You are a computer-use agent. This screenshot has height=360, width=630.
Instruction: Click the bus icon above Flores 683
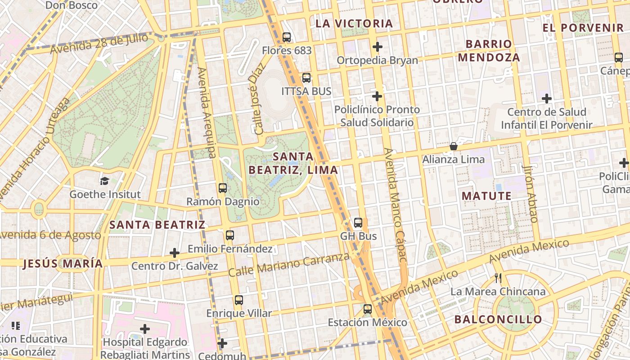click(287, 37)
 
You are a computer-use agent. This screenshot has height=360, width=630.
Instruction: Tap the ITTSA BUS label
click(306, 91)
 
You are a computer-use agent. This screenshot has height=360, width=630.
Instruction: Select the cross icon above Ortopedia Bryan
click(377, 47)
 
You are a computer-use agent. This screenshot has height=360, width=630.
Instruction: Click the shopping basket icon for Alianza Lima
click(454, 146)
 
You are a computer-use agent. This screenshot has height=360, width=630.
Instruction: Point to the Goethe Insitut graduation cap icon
click(104, 181)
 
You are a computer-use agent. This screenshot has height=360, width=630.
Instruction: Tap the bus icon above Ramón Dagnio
click(223, 188)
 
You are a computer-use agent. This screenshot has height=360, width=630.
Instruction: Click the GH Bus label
click(358, 236)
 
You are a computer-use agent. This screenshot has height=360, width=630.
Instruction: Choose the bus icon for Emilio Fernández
click(229, 235)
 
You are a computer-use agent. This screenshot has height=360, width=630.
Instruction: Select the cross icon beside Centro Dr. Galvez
click(175, 253)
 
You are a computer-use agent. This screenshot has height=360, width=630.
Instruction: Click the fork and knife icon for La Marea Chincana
click(498, 278)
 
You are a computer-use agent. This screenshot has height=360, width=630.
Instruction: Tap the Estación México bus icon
click(368, 309)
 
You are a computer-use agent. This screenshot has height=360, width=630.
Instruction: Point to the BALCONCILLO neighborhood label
click(498, 319)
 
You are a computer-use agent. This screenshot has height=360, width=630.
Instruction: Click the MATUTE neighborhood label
click(486, 196)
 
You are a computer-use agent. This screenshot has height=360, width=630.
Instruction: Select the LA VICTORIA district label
click(354, 23)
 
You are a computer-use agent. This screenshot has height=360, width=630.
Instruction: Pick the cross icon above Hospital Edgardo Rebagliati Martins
click(144, 329)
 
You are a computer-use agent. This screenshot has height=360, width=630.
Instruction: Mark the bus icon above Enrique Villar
click(239, 300)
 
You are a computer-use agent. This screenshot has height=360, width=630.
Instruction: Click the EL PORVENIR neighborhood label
click(583, 28)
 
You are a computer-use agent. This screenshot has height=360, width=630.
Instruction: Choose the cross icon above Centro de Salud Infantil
click(546, 98)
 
